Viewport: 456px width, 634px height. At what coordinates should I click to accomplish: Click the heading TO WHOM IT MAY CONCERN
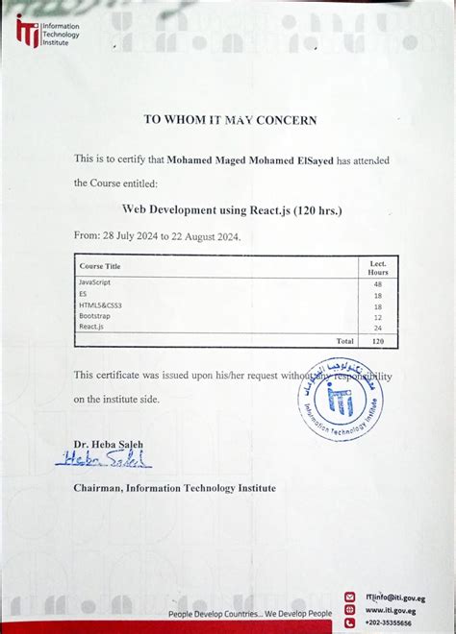click(x=230, y=120)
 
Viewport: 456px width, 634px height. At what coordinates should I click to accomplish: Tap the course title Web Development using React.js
click(x=231, y=208)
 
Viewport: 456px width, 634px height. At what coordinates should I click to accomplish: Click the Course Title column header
click(x=100, y=266)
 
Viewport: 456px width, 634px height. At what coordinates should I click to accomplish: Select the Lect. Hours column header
click(x=377, y=267)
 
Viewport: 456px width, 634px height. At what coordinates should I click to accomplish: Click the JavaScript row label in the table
click(x=95, y=282)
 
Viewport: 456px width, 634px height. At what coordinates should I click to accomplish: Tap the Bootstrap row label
click(x=94, y=316)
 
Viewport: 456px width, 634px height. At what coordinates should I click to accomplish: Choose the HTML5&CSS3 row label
click(x=100, y=305)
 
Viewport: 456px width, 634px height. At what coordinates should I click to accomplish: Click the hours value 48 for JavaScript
click(x=377, y=283)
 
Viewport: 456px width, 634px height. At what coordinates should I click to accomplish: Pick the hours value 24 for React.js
click(x=377, y=328)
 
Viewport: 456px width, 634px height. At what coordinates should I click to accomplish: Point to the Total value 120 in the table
click(x=377, y=341)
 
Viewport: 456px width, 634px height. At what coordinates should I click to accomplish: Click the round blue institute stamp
click(x=340, y=399)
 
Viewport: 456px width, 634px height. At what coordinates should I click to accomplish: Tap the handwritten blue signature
click(x=104, y=461)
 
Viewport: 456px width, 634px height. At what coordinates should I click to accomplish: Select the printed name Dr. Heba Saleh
click(x=108, y=444)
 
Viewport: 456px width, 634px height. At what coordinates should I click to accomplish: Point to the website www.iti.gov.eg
click(x=391, y=610)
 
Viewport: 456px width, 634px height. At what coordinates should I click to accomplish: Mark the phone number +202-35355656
click(x=389, y=622)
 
